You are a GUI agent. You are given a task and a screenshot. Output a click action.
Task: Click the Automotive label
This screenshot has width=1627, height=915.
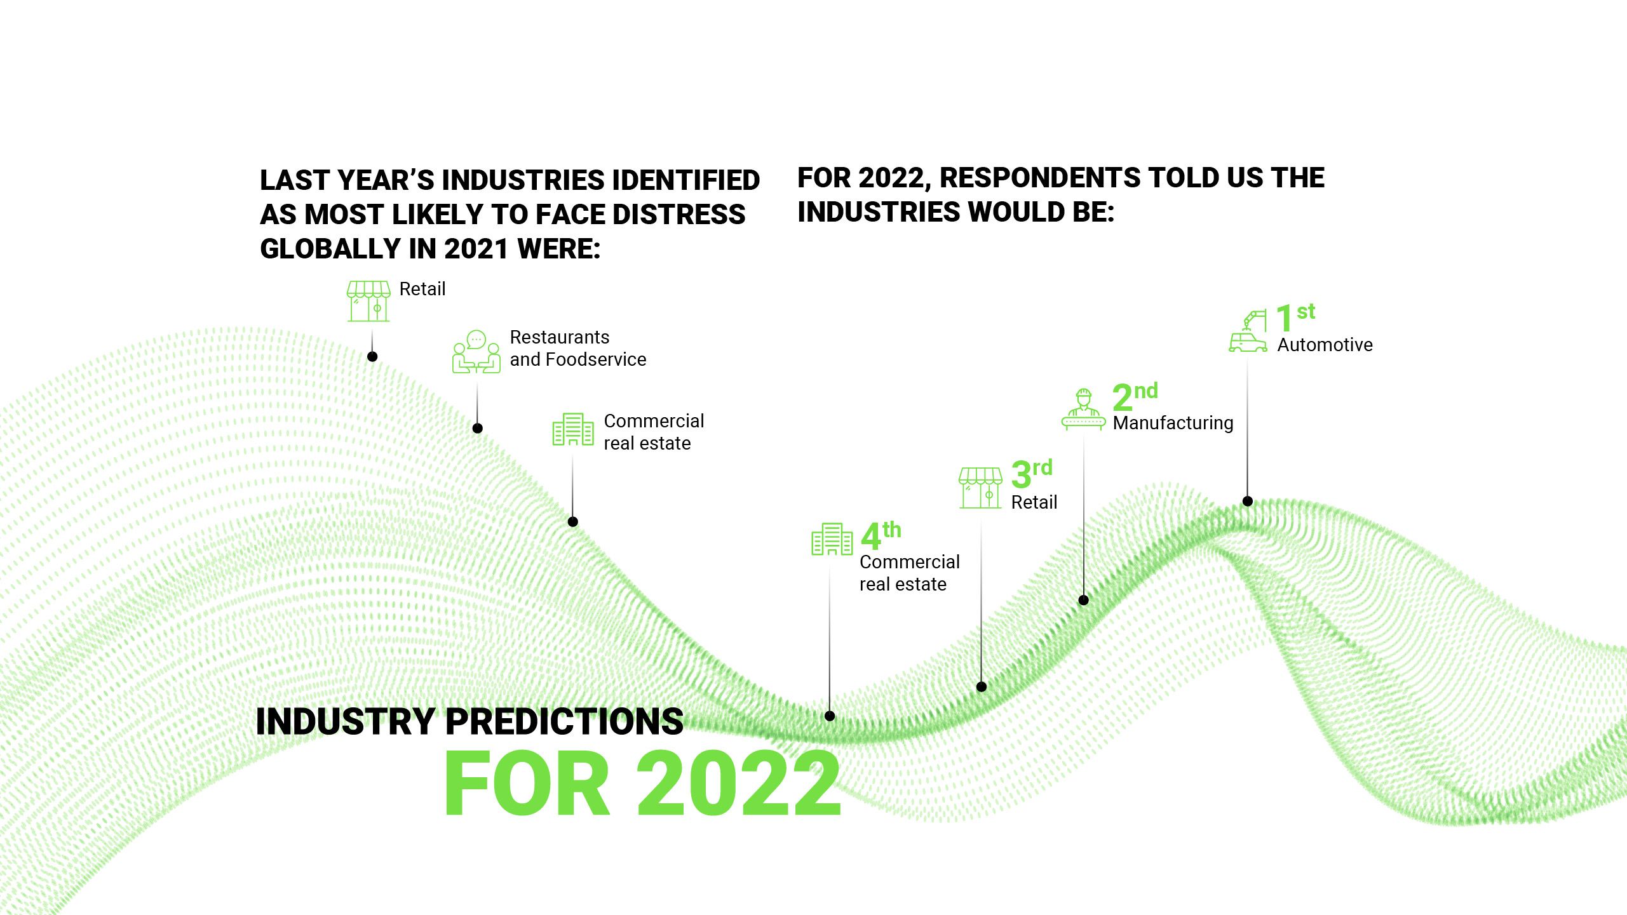pos(1325,345)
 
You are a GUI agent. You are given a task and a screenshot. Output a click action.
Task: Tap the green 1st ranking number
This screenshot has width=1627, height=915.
pos(1294,317)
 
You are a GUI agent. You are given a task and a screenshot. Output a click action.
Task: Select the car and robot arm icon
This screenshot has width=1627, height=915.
pos(1247,331)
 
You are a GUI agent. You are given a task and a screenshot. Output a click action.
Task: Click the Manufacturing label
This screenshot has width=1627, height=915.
pos(1173,423)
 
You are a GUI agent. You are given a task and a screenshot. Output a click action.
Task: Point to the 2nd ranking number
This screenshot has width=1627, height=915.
pos(1135,396)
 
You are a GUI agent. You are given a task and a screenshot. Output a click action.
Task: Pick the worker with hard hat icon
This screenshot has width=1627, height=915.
pos(1083,410)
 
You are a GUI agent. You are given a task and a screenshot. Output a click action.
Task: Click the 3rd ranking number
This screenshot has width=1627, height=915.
pos(1031,473)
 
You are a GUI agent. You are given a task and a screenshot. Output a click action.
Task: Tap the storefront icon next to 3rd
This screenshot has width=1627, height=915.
pos(980,488)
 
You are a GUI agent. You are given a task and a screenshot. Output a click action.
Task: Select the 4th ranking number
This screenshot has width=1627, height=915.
pos(881,535)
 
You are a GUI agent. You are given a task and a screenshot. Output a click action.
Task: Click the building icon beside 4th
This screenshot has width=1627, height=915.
pos(832,539)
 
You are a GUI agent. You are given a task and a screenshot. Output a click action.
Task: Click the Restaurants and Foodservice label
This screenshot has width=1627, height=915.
pos(577,348)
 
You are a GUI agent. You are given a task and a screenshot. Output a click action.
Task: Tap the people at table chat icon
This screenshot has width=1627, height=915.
pos(476,352)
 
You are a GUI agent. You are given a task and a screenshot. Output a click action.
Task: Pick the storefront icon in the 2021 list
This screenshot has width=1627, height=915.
pos(368,301)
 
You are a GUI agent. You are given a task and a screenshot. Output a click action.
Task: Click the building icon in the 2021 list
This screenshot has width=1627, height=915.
pos(572,429)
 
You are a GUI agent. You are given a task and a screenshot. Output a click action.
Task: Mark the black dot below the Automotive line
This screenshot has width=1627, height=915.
pos(1247,501)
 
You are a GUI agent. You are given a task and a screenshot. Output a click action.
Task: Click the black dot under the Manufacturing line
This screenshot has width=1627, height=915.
pos(1084,600)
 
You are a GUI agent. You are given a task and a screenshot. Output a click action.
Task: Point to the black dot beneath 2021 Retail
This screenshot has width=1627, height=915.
pos(372,357)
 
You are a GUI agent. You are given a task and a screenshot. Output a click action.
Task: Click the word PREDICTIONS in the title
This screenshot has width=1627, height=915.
pos(564,721)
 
